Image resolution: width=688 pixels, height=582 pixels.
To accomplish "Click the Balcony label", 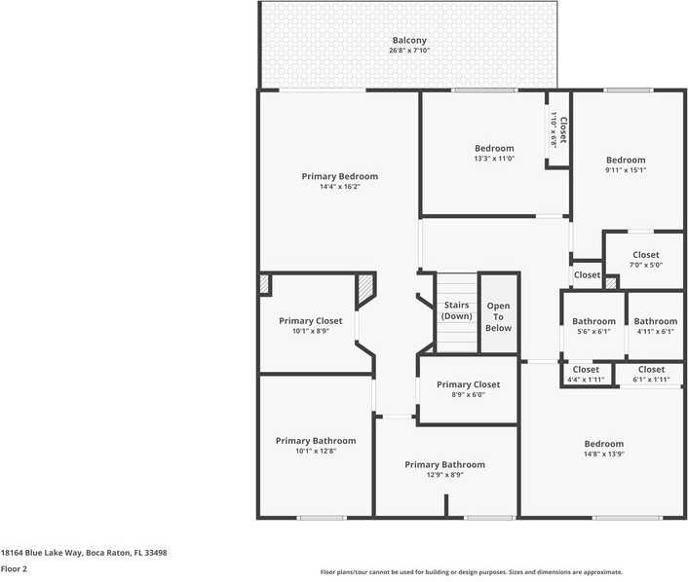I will (x=409, y=41).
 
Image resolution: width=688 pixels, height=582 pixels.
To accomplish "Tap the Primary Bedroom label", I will (x=339, y=176).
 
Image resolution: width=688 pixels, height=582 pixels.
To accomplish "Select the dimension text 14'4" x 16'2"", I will (x=339, y=187).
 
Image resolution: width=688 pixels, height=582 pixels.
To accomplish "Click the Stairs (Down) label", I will (x=457, y=310).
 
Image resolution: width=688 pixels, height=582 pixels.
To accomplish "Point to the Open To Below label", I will (x=498, y=317).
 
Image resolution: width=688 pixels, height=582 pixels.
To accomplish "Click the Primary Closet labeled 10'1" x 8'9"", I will (x=310, y=321).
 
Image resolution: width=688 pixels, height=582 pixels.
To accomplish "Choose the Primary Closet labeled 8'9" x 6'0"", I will (x=468, y=384).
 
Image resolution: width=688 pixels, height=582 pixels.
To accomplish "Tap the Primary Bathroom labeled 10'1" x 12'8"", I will (x=315, y=441).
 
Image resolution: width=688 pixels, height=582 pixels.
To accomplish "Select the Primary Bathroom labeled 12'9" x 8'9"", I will (x=444, y=464).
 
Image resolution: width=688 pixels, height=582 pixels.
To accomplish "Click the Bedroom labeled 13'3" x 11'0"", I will (x=494, y=149).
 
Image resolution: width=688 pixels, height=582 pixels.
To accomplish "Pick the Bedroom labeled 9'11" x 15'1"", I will (x=625, y=161).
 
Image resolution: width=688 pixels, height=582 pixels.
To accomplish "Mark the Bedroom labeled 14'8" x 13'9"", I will (x=603, y=444).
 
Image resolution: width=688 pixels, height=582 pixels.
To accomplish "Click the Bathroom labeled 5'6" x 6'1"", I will (x=593, y=322).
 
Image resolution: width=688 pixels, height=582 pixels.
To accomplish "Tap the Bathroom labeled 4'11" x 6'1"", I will (x=655, y=322).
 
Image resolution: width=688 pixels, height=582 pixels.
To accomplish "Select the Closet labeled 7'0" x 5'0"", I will (x=645, y=255).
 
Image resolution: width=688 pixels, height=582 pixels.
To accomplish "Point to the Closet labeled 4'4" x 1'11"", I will (x=586, y=370).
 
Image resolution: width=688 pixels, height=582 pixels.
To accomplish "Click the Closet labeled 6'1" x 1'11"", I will (x=652, y=370).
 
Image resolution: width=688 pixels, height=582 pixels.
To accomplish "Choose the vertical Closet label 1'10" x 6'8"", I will (x=558, y=130).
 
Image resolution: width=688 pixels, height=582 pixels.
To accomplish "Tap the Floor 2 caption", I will (x=14, y=569).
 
